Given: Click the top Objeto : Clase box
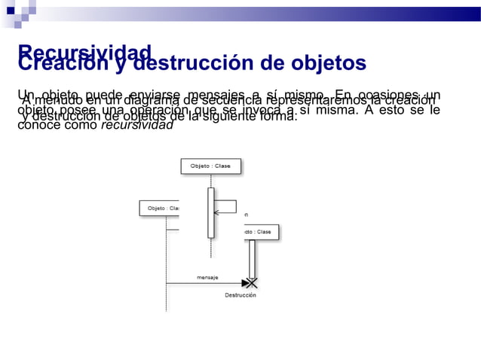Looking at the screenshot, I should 210,166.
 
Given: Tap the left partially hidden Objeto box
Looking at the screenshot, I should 159,208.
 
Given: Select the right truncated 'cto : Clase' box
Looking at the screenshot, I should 261,232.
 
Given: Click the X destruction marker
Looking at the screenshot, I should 252,283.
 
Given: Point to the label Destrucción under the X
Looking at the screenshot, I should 240,295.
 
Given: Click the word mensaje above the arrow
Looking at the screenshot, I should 207,277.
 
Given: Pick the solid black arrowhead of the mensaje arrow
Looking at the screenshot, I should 244,283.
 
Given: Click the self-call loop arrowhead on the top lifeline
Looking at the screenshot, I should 217,213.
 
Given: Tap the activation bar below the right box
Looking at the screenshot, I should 252,258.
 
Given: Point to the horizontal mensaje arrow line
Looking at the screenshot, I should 204,283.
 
